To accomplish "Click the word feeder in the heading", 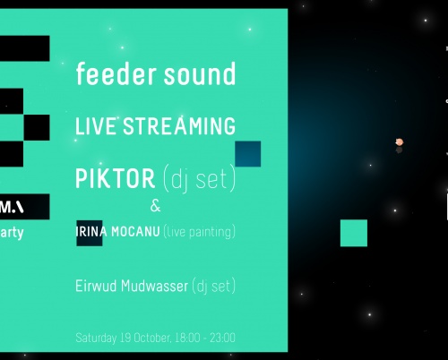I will tap(105, 74).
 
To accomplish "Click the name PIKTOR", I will tap(116, 178).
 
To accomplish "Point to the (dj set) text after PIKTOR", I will tap(199, 179).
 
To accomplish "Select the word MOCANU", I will tap(135, 232).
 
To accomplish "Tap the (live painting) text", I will tap(201, 233).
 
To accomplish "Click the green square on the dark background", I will tap(354, 233).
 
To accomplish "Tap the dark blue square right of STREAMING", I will tap(247, 153).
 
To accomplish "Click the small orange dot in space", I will tap(400, 141).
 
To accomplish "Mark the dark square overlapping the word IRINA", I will tap(89, 232).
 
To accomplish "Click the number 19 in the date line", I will tap(126, 339).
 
